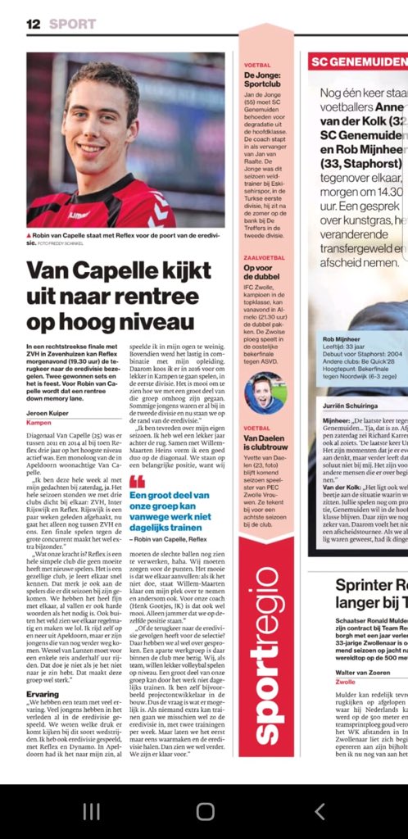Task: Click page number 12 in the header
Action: [x=33, y=24]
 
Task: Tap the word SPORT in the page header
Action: [x=72, y=24]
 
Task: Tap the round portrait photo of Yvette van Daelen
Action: [x=265, y=392]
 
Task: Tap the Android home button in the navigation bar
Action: [x=205, y=811]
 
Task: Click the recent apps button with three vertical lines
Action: [x=91, y=811]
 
